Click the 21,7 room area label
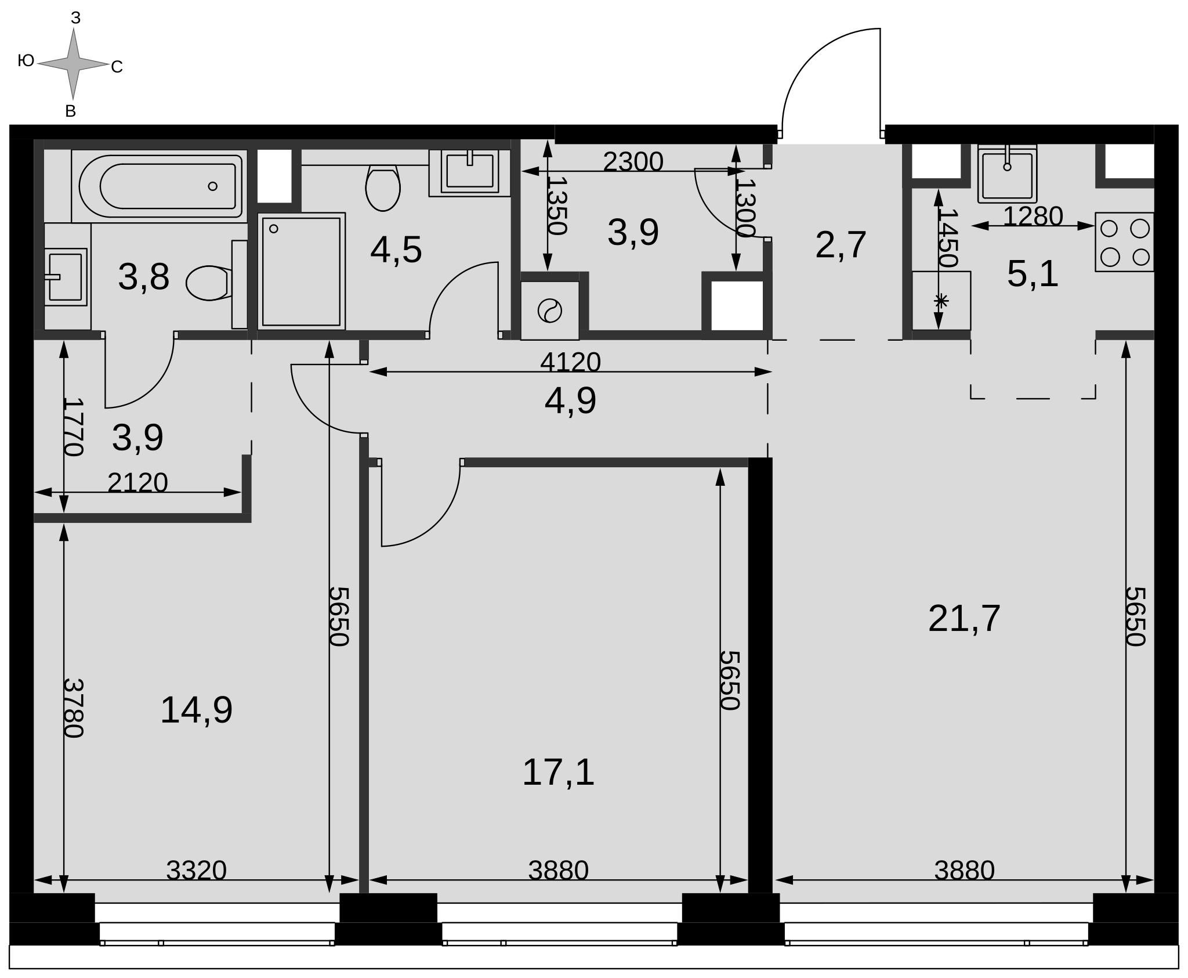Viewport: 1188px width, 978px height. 964,619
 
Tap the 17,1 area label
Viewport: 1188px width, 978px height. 558,773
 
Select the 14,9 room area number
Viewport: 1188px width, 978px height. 196,710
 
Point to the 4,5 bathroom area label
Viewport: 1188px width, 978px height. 396,250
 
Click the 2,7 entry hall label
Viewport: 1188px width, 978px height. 841,245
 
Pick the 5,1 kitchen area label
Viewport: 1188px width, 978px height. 1033,274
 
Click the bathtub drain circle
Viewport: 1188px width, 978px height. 212,186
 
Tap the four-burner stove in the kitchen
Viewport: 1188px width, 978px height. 1124,242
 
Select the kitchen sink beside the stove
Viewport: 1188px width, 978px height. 1007,174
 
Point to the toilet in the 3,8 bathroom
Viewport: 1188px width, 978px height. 209,283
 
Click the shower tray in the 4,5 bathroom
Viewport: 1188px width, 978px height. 302,272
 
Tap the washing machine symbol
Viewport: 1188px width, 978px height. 549,311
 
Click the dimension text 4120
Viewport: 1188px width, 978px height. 570,362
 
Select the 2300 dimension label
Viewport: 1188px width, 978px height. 633,162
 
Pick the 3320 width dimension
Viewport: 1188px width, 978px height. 196,871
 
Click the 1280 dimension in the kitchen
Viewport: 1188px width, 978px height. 1033,216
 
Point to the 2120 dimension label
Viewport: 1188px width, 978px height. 137,483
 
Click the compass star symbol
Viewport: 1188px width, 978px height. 73,64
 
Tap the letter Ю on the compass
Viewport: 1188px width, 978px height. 26,60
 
